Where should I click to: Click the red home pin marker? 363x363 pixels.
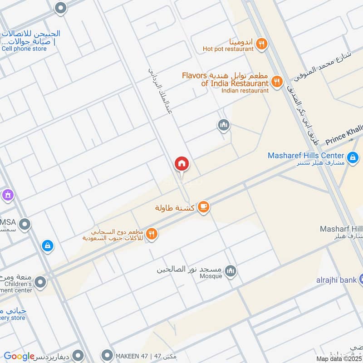point(181,164)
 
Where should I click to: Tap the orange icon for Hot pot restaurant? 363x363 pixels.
point(261,44)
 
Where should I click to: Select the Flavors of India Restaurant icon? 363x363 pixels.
point(276,82)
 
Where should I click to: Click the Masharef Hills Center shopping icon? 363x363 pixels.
point(352,158)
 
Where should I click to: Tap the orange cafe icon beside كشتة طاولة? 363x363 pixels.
point(204,207)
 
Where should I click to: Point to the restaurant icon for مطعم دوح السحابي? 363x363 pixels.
point(152,234)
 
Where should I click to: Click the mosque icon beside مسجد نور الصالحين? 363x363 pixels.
point(231,271)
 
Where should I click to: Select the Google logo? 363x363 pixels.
point(19,356)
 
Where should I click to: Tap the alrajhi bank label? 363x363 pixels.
point(336,280)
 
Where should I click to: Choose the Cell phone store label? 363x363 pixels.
point(24,49)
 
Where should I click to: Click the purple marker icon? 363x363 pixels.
point(7,196)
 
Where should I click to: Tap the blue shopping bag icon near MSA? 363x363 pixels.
point(47,246)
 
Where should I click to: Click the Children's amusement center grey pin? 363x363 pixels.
point(40,283)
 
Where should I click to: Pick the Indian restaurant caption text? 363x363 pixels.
point(245,90)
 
